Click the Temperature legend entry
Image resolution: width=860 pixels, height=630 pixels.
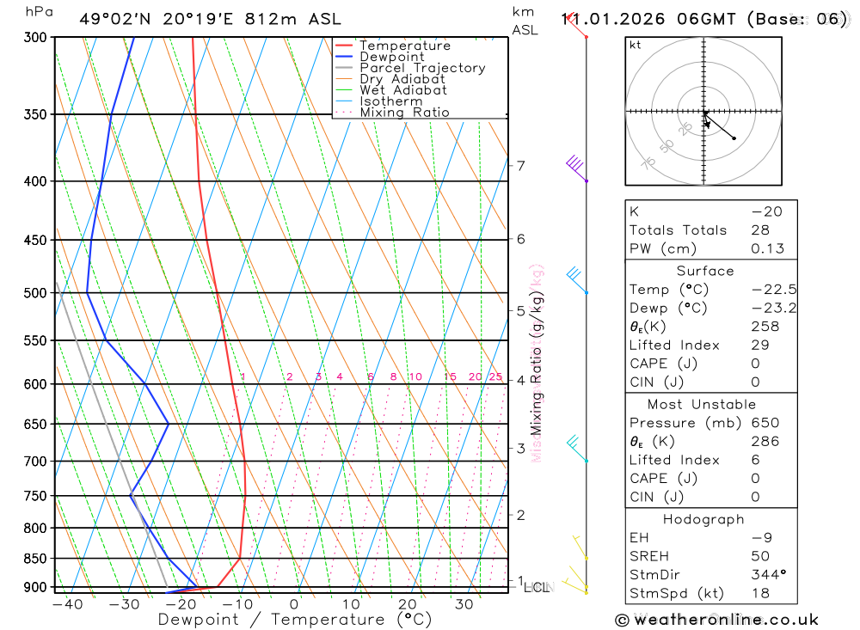pos(404,46)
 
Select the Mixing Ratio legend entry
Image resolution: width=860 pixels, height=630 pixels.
pos(404,113)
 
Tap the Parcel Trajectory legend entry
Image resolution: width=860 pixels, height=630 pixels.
pos(422,68)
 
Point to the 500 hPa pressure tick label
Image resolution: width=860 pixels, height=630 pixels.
pos(34,293)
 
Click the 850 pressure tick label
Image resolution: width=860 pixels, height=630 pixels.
pos(34,559)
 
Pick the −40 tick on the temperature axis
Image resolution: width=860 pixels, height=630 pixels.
pos(67,604)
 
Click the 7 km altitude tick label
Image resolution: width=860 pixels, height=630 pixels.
pos(520,166)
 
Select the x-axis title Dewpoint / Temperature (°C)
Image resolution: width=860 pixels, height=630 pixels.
pos(283,620)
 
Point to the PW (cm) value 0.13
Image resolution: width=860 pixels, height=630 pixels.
pos(768,249)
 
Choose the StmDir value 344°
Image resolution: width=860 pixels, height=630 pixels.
pos(768,575)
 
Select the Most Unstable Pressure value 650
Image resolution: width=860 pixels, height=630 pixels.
pos(765,423)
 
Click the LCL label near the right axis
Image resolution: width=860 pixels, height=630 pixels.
pos(536,588)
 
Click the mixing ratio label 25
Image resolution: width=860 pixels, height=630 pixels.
pos(495,376)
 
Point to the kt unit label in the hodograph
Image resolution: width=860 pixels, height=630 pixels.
pos(636,45)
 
